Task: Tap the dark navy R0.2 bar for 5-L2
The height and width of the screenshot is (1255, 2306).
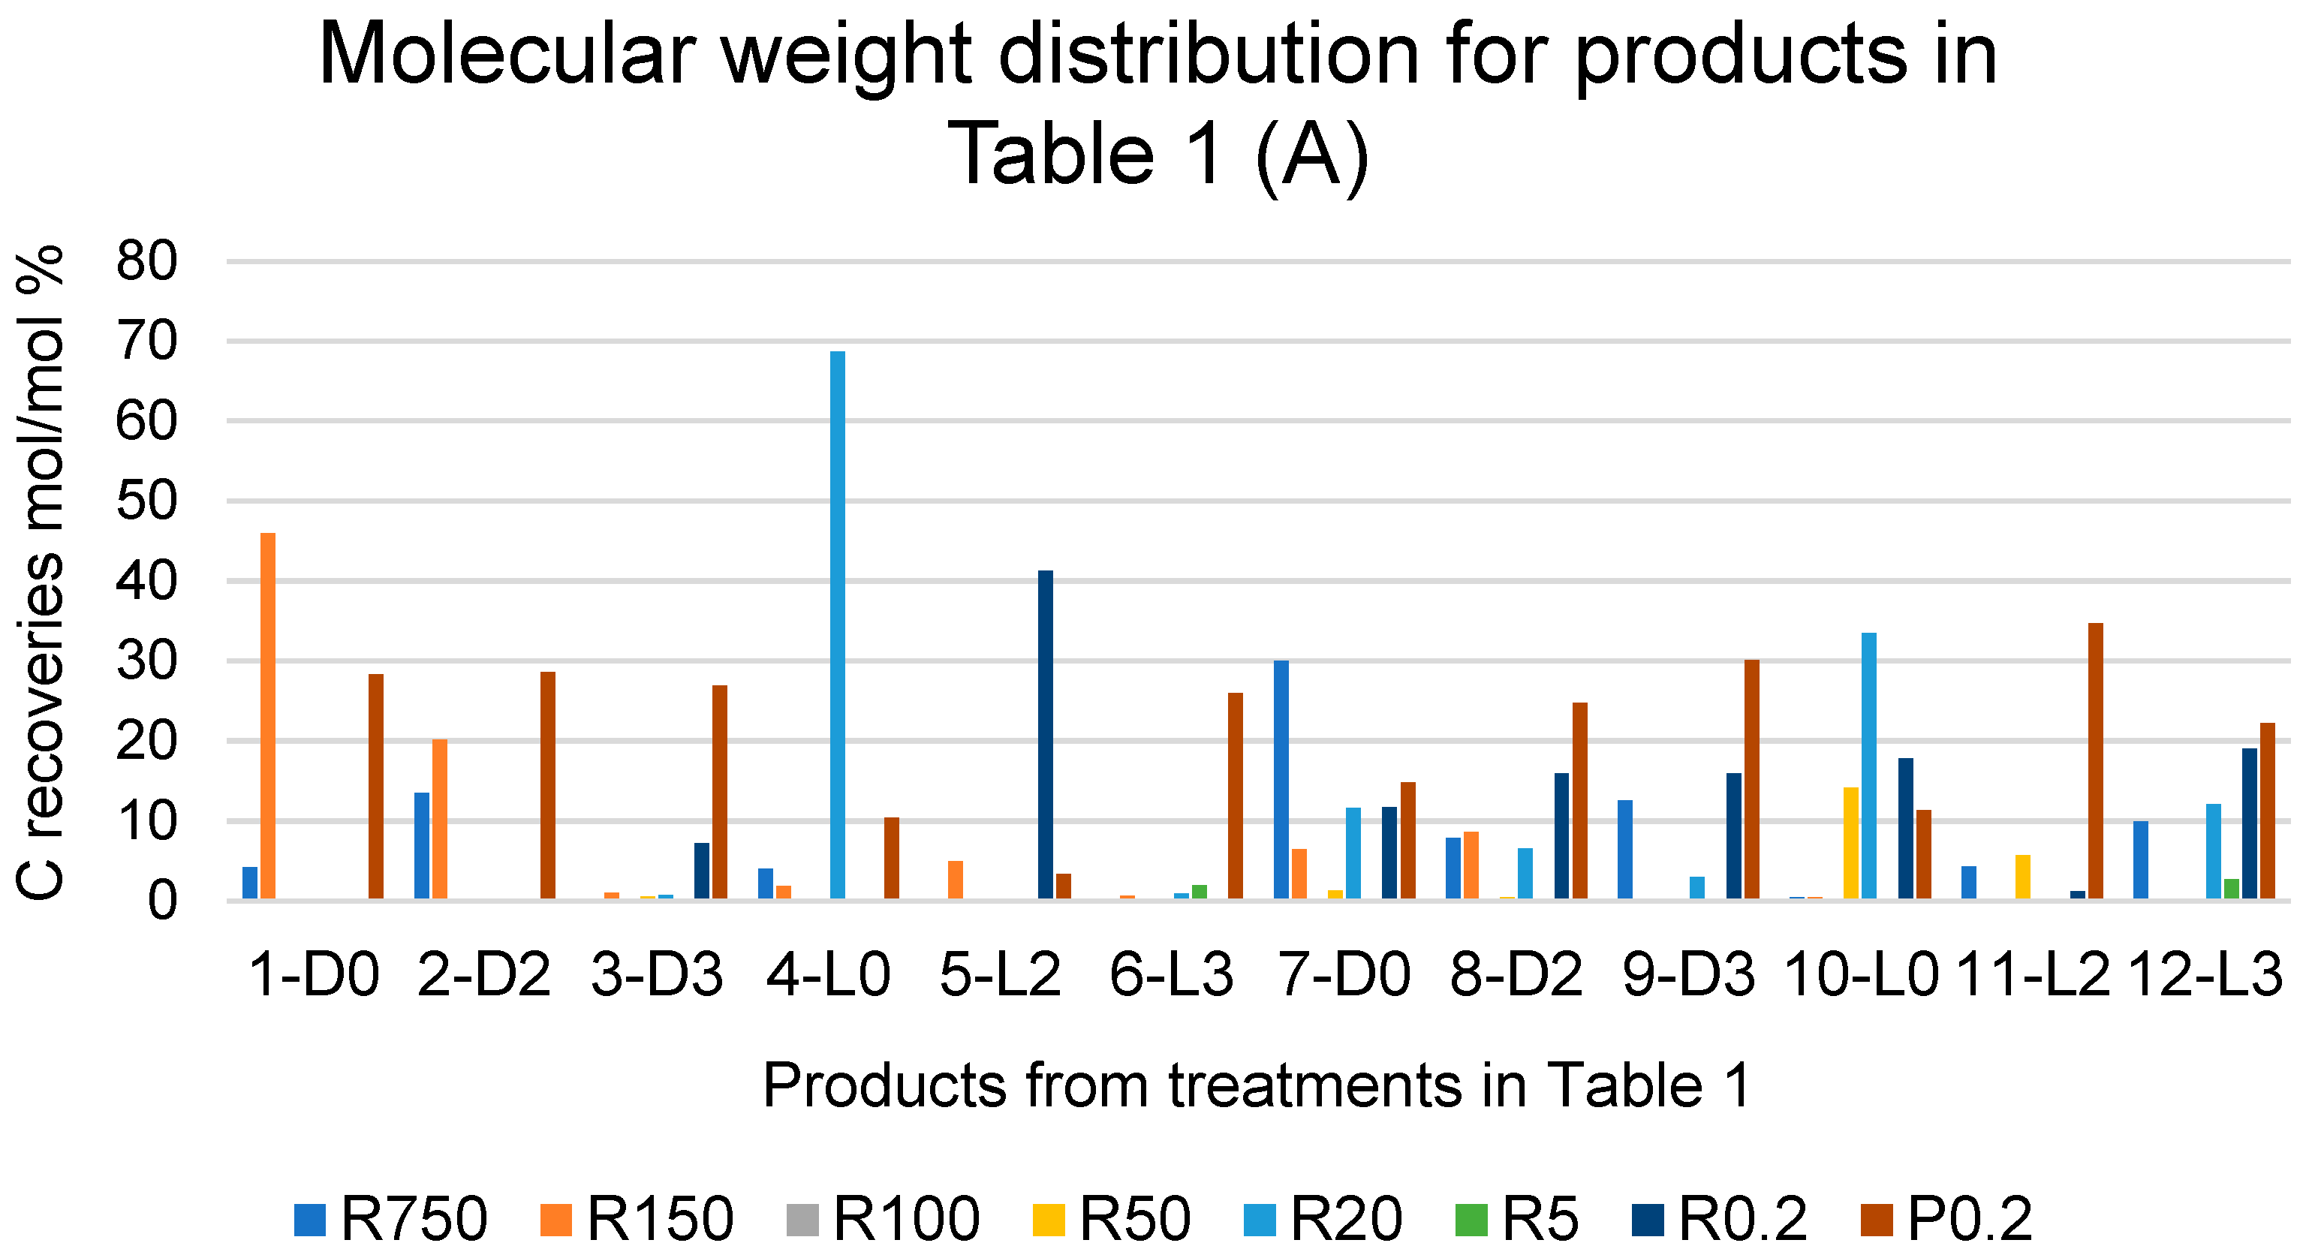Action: [1045, 734]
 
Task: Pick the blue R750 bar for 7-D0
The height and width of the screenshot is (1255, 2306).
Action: [1281, 779]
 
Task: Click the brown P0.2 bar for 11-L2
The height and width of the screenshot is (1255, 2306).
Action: [2095, 761]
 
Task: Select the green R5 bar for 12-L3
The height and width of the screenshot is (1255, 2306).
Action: [2231, 889]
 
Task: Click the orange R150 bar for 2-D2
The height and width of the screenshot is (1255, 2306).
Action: [440, 818]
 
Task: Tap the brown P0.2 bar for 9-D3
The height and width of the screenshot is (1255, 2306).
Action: [1751, 779]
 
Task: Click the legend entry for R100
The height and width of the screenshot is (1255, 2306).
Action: [883, 1219]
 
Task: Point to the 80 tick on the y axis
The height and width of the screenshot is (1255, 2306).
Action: [147, 262]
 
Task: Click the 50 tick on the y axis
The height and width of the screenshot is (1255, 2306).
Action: [147, 501]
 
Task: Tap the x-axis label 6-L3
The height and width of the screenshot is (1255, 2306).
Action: [1171, 974]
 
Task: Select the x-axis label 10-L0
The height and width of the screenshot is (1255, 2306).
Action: [1860, 974]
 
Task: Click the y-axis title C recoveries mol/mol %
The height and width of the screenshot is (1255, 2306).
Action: [41, 573]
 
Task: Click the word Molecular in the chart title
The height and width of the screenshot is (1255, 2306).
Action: [507, 56]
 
